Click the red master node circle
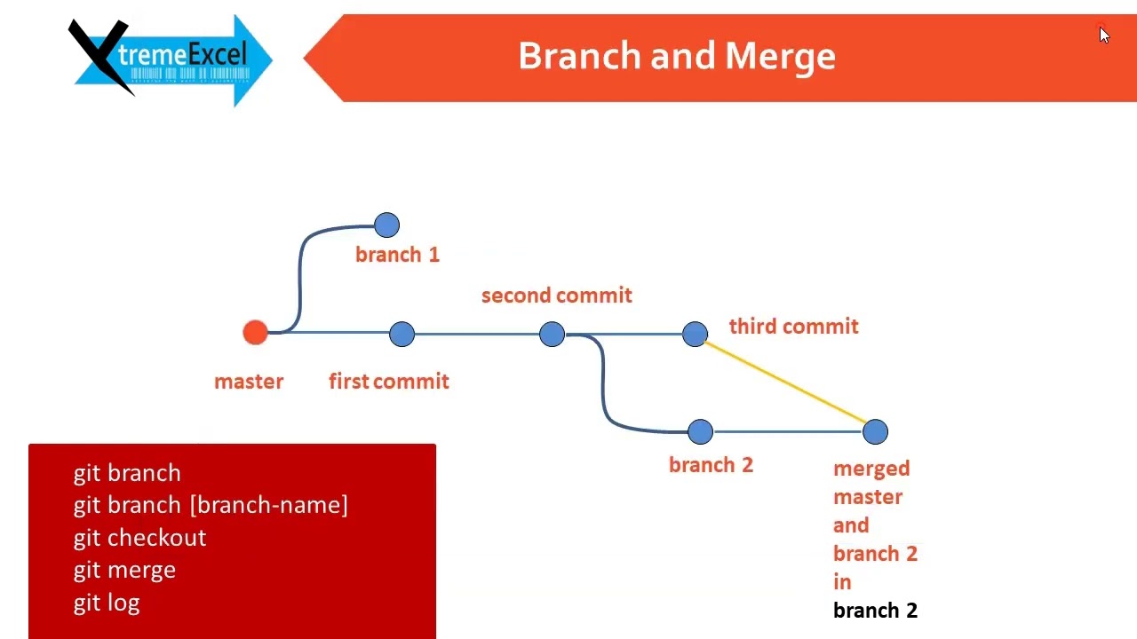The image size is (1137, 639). point(255,333)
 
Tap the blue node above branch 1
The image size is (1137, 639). point(386,225)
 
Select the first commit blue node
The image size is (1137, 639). point(402,335)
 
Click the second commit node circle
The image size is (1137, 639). point(552,335)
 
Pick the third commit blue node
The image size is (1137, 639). point(695,335)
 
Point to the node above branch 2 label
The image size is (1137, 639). point(700,432)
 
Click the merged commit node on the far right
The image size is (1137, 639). point(875,432)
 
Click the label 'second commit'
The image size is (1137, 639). point(556,296)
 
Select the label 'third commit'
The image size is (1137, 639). point(793,327)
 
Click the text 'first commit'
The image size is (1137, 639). point(388,382)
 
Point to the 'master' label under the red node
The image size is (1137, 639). point(249,382)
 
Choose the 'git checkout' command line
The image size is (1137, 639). point(139,538)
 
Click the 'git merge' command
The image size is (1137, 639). point(124,570)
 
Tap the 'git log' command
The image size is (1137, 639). point(107,603)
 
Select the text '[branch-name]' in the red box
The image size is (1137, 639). point(268,505)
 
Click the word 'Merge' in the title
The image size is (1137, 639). point(780,56)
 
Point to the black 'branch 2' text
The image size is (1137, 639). point(875,611)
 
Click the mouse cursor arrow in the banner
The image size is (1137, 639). point(1103,35)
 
